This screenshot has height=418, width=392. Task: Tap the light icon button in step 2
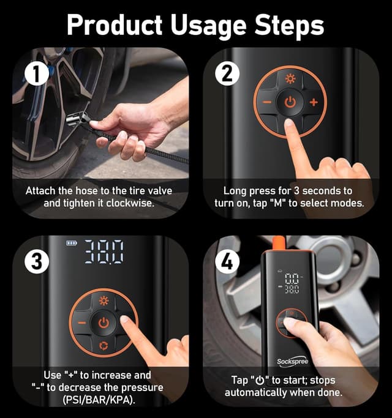click(290, 78)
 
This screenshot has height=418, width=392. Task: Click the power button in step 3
click(104, 323)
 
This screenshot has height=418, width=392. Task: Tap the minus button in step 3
click(80, 323)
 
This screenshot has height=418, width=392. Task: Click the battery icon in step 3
click(72, 243)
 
